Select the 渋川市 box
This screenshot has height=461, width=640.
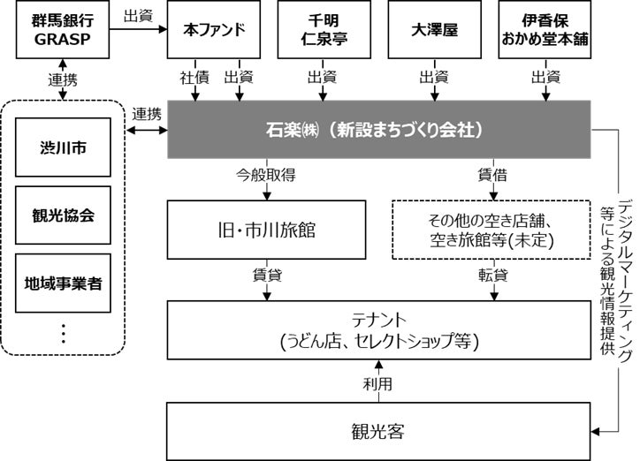(63, 147)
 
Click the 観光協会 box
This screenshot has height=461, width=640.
(63, 215)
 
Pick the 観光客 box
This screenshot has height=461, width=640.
(377, 431)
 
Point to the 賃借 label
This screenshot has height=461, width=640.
(491, 175)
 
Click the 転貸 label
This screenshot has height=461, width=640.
(491, 275)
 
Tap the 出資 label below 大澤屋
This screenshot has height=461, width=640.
(434, 77)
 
